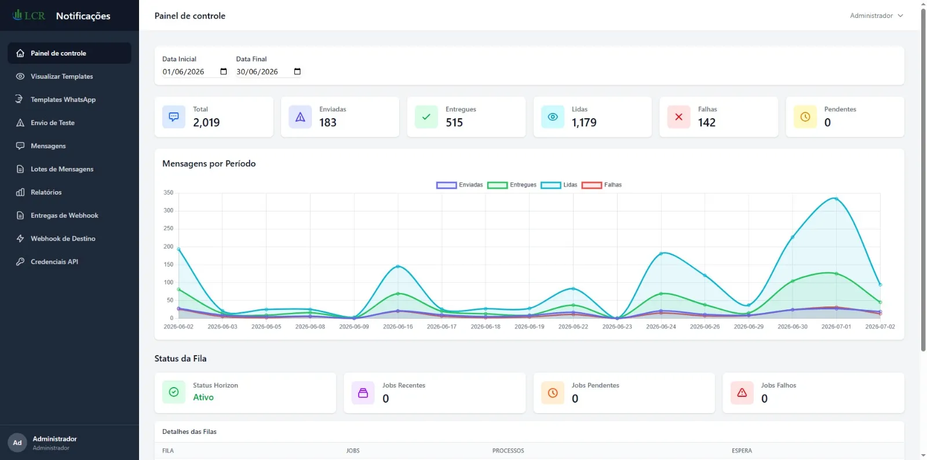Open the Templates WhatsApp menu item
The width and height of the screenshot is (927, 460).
[x=63, y=99]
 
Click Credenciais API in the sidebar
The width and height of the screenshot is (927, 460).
[x=54, y=261]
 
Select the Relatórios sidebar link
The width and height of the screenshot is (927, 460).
[x=46, y=192]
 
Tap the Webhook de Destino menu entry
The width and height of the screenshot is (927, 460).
[x=63, y=238]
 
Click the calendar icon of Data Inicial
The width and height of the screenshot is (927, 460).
[x=224, y=71]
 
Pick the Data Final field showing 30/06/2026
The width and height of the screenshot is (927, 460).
[x=268, y=72]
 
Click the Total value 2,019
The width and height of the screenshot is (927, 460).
[x=206, y=122]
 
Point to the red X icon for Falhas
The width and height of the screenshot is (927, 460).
[x=678, y=117]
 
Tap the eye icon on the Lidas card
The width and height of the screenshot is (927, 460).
[x=553, y=117]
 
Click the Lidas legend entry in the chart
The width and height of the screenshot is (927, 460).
[x=559, y=185]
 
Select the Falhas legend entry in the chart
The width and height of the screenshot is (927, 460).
[x=601, y=185]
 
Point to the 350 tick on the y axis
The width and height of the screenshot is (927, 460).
[x=169, y=192]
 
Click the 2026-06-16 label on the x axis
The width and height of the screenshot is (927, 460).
[x=397, y=326]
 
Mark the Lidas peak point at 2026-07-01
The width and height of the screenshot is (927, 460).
[x=837, y=199]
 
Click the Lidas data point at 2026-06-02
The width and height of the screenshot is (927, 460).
[x=178, y=249]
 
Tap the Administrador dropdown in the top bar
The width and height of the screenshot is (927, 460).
[x=876, y=16]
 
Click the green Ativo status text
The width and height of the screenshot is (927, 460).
[x=203, y=397]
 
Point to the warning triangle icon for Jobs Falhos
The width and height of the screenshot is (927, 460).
[x=742, y=393]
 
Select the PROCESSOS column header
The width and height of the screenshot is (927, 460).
[x=508, y=451]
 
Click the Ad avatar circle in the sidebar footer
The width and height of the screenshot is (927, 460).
[x=17, y=443]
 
